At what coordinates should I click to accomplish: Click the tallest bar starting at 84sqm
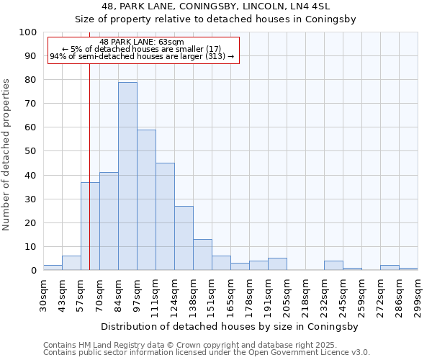127,176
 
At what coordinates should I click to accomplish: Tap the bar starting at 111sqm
165,217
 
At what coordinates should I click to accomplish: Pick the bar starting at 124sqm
184,238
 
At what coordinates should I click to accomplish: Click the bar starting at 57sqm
90,226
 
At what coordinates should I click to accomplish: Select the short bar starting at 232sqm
333,266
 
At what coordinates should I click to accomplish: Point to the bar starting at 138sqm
202,255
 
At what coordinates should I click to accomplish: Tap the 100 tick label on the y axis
28,32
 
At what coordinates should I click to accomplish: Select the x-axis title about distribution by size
230,326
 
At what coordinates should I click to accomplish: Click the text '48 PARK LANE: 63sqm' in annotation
142,42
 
